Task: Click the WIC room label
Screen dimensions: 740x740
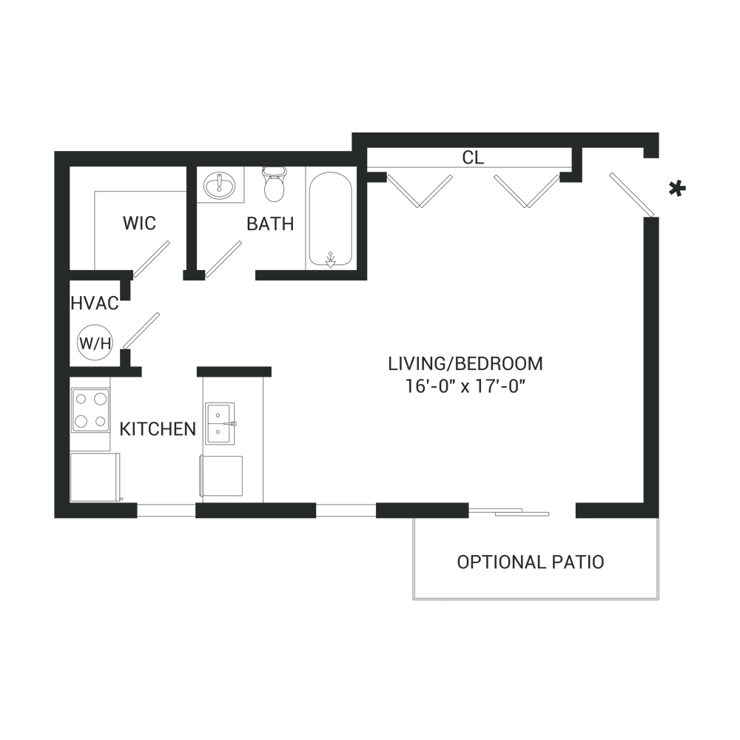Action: click(139, 223)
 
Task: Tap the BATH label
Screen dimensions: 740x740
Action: click(270, 223)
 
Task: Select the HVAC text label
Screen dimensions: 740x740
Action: click(95, 303)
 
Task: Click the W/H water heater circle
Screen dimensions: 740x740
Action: click(95, 343)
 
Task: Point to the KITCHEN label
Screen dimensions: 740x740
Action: click(158, 429)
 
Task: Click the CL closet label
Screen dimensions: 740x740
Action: click(473, 158)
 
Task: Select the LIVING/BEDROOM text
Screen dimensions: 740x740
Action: click(465, 364)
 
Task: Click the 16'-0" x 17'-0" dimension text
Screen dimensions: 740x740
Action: click(465, 386)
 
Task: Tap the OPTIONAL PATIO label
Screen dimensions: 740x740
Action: click(531, 562)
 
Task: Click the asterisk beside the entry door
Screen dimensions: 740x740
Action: click(677, 189)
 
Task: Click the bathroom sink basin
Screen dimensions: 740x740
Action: click(220, 185)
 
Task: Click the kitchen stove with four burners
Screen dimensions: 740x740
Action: click(90, 410)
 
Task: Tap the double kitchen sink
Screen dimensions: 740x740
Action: click(220, 423)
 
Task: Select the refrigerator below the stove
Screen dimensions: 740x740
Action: click(95, 477)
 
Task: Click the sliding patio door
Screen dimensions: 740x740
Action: click(510, 512)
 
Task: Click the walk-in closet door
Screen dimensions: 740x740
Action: click(152, 259)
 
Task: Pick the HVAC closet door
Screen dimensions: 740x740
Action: click(141, 331)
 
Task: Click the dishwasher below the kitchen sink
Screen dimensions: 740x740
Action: click(221, 476)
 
